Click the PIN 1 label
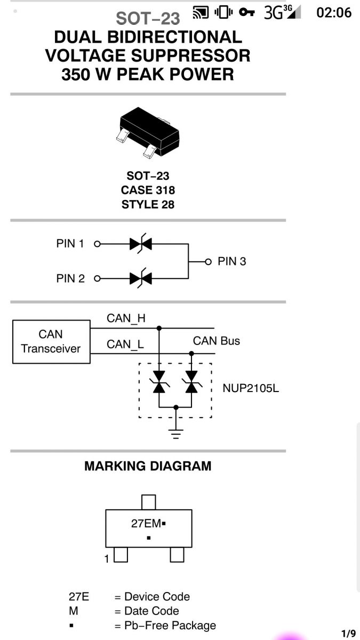point(70,244)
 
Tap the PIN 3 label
point(231,261)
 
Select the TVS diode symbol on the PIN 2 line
point(141,278)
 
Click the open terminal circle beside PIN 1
point(97,244)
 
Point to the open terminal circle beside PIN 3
point(209,261)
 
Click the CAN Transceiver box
point(51,342)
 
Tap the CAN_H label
point(126,318)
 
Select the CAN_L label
point(125,345)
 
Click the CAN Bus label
point(217,341)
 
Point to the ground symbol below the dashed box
point(176,434)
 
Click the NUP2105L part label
point(251,388)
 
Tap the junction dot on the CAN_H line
point(159,329)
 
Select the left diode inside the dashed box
point(159,382)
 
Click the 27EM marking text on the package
point(146,524)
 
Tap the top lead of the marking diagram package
point(149,502)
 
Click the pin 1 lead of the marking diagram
point(121,555)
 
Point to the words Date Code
point(151,611)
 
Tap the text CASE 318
point(148,190)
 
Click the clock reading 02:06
point(334,13)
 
